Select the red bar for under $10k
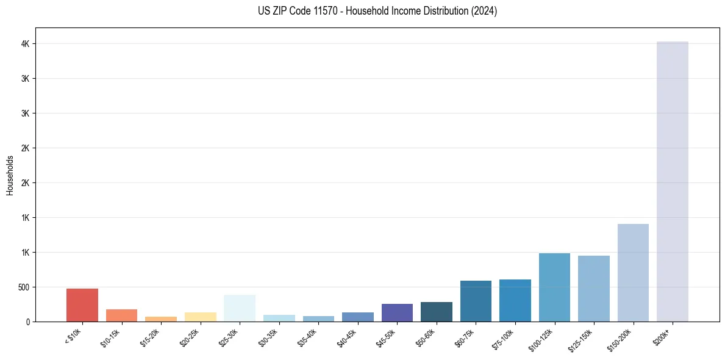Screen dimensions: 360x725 pos(82,305)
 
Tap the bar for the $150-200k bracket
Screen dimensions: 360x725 pos(633,273)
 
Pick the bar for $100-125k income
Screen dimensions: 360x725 pos(554,287)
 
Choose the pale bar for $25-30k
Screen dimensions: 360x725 pos(240,308)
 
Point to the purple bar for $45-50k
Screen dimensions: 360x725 pos(397,312)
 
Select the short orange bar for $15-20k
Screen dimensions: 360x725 pos(161,319)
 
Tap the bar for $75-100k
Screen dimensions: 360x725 pos(515,300)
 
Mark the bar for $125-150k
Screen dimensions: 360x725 pos(594,289)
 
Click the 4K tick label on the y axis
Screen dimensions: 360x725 pos(26,44)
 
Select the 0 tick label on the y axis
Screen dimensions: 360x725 pos(28,322)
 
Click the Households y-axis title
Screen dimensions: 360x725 pos(10,175)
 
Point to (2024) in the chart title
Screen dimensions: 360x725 pos(485,11)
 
